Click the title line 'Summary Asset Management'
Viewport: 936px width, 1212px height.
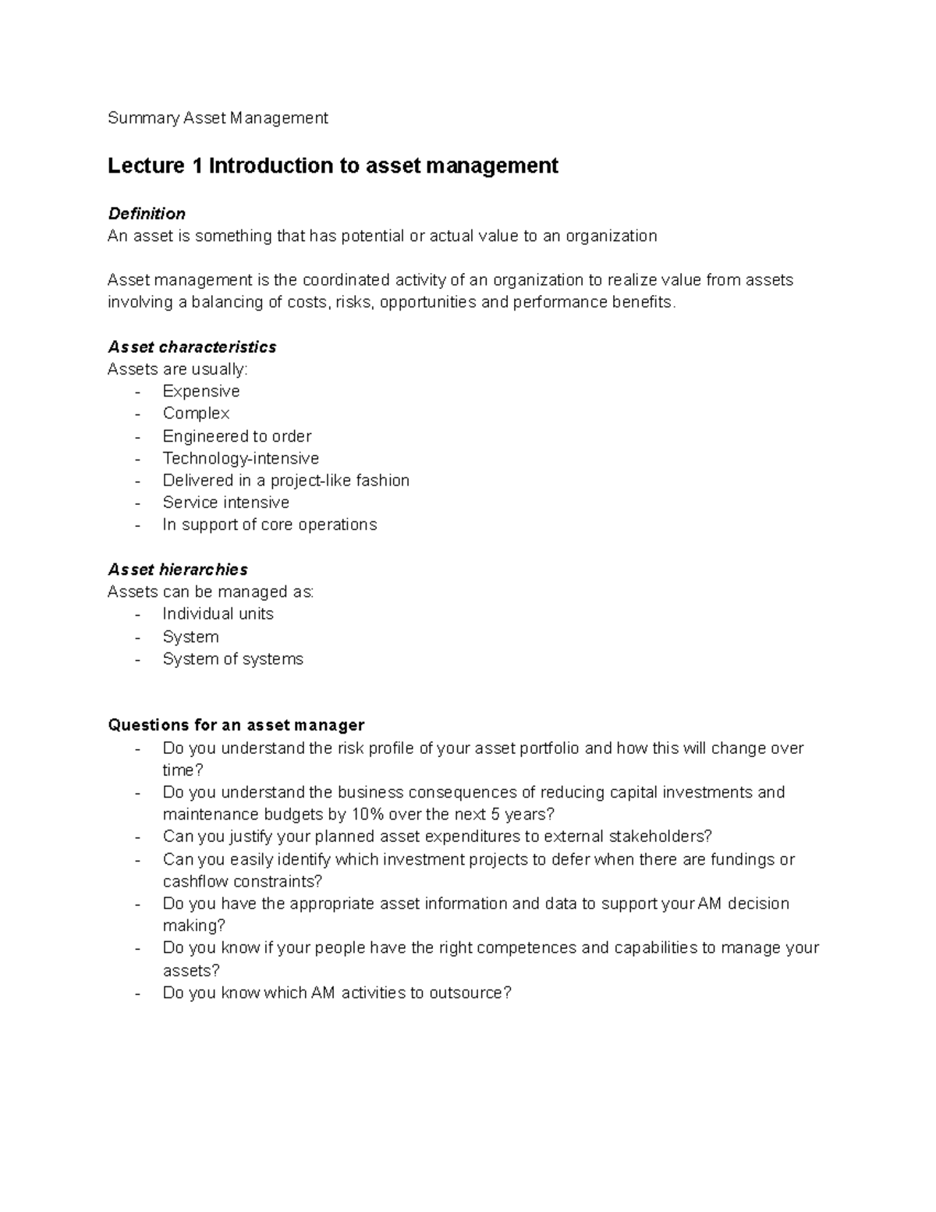pos(218,118)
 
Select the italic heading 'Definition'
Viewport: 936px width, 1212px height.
pos(147,214)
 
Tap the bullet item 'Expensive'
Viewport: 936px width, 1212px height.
pos(200,391)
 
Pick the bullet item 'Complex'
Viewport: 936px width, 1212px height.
pos(196,414)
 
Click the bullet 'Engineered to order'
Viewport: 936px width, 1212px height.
pos(236,436)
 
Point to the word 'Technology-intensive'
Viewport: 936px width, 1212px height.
pos(240,458)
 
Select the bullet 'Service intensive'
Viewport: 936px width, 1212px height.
pos(225,503)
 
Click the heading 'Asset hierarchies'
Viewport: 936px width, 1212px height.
pos(177,570)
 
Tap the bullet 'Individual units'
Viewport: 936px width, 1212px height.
pos(218,614)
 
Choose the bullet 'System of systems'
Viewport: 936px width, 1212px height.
pos(232,659)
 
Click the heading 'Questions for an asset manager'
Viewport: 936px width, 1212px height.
pos(236,726)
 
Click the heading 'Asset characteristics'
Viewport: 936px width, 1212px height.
pos(191,347)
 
